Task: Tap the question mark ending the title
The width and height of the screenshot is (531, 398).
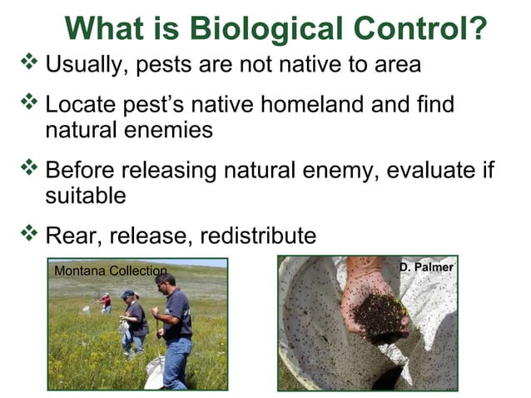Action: [475, 27]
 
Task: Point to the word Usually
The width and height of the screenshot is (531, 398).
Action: [82, 65]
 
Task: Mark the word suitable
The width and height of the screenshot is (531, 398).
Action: [86, 197]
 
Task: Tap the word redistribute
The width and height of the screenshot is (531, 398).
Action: [258, 236]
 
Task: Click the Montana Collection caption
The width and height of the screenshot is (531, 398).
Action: [110, 271]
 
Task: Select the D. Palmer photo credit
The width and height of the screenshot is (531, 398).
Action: [425, 267]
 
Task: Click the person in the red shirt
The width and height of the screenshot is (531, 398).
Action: [105, 302]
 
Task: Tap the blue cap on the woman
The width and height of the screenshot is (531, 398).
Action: [127, 294]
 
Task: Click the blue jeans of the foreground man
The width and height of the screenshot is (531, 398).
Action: [176, 361]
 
